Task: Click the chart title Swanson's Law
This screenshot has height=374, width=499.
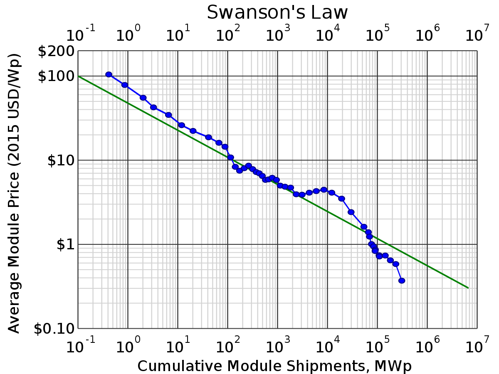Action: (277, 12)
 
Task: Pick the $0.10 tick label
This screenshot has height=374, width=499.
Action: (54, 329)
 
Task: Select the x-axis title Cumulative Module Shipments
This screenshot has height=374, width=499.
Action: (274, 366)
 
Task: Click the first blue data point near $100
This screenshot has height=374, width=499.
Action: (109, 74)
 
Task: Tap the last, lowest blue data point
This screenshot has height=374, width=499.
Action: (402, 280)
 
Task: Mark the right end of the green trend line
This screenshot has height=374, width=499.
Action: (468, 288)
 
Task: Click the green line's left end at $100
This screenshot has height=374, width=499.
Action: (79, 76)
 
